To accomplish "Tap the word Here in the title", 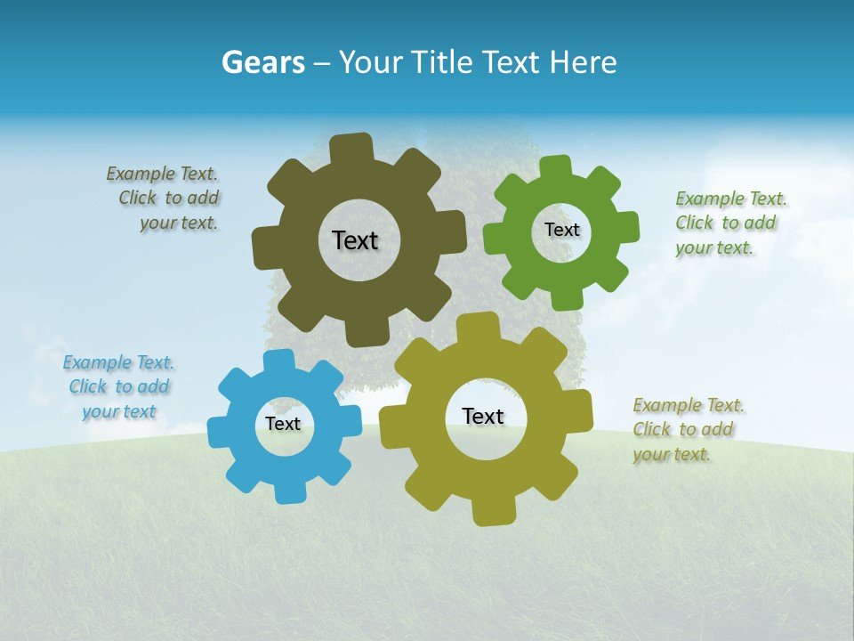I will tap(583, 62).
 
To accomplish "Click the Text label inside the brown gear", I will tap(355, 240).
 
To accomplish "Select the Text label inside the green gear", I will tap(561, 230).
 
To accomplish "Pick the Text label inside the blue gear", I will tap(282, 424).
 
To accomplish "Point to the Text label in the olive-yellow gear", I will tap(482, 416).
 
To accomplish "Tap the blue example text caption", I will tap(119, 386).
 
